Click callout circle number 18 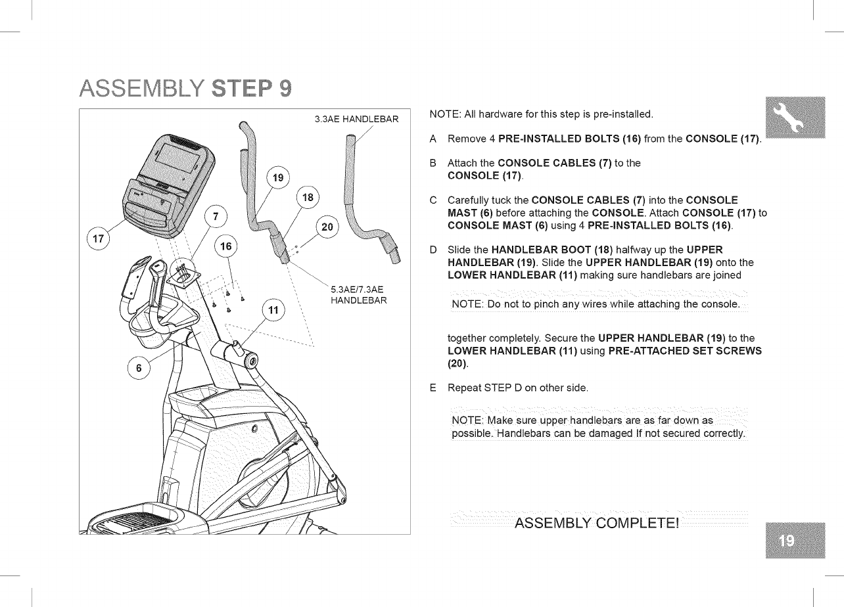(x=307, y=198)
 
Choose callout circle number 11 (x=274, y=310)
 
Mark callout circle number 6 (x=138, y=369)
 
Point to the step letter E (x=432, y=388)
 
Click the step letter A (x=433, y=140)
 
